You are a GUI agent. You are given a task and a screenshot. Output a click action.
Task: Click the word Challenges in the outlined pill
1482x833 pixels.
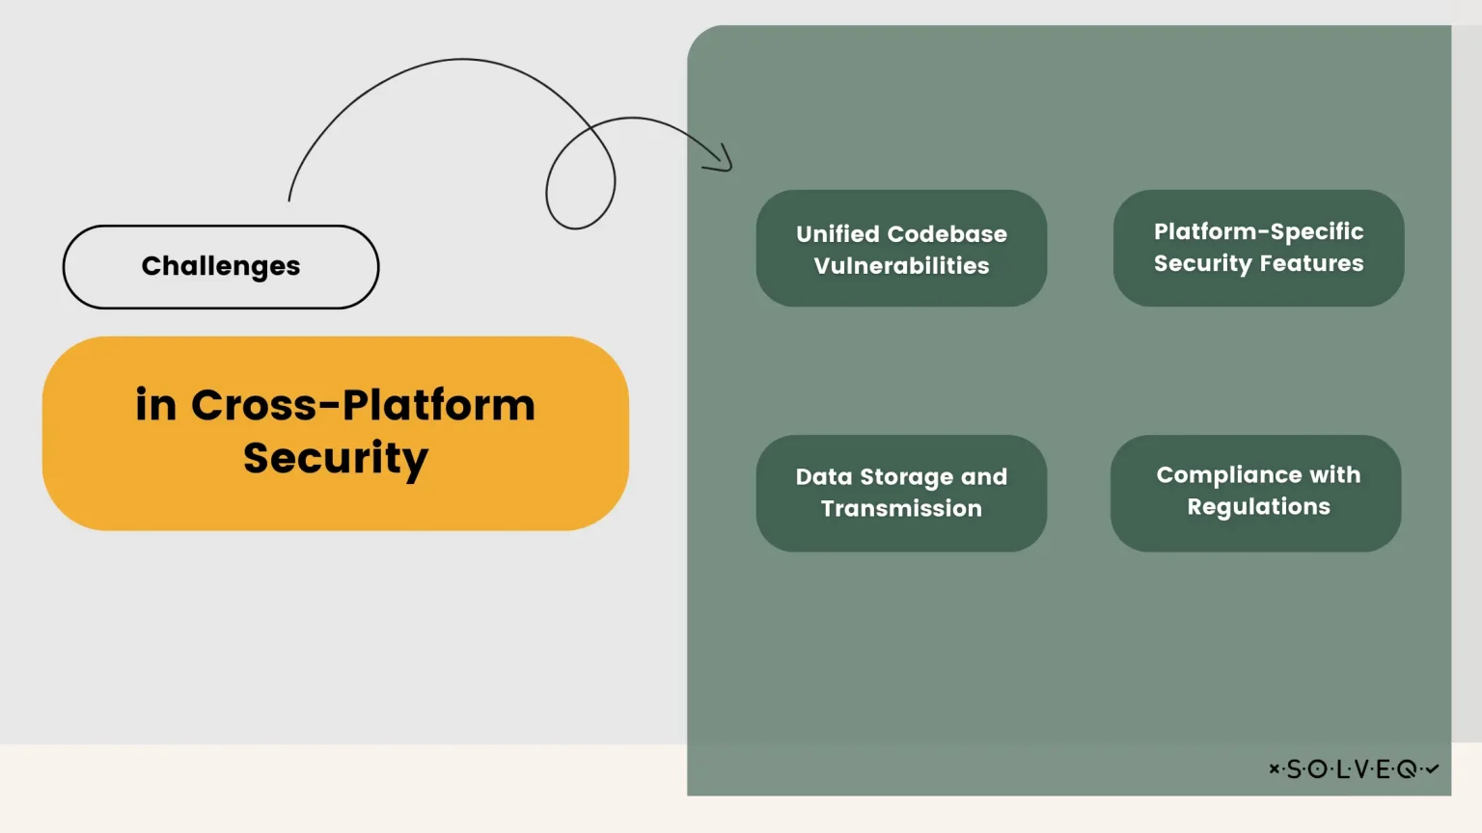pyautogui.click(x=221, y=266)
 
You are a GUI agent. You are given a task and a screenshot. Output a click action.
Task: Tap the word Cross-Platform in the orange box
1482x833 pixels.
pyautogui.click(x=363, y=405)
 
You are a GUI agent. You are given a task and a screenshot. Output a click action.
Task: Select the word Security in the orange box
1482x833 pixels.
pyautogui.click(x=336, y=458)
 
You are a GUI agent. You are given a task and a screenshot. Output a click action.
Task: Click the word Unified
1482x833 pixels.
pyautogui.click(x=837, y=234)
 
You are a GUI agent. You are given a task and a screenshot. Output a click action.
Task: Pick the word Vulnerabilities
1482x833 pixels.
pyautogui.click(x=901, y=266)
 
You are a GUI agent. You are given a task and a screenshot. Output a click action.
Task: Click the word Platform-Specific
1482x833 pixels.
pyautogui.click(x=1258, y=231)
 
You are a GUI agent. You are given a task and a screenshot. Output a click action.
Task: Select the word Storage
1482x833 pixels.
pyautogui.click(x=906, y=477)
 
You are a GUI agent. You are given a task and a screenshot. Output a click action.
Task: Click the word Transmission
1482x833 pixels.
pyautogui.click(x=901, y=509)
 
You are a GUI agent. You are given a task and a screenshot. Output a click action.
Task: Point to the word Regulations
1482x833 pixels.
pyautogui.click(x=1258, y=507)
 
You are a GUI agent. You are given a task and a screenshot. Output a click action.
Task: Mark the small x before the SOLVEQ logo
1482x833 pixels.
pyautogui.click(x=1275, y=768)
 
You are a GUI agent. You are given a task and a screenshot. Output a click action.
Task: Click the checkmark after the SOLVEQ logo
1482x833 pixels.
pyautogui.click(x=1432, y=768)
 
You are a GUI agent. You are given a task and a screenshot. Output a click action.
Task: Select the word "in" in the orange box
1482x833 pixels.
pyautogui.click(x=155, y=405)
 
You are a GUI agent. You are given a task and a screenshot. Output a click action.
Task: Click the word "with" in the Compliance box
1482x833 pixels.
pyautogui.click(x=1335, y=475)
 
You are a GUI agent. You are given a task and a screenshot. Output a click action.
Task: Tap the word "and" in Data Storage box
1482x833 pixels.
pyautogui.click(x=984, y=477)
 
